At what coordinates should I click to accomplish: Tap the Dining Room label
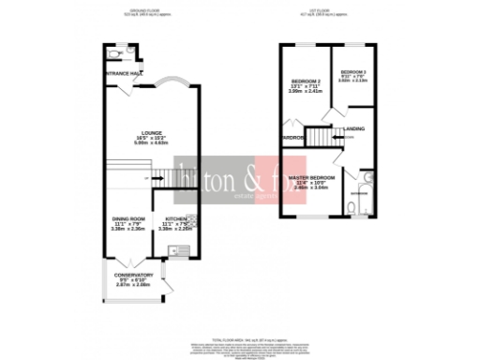[128, 219]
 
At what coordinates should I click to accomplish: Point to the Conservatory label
[134, 275]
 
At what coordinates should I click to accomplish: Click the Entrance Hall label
[124, 73]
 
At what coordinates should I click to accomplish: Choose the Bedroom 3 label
[353, 72]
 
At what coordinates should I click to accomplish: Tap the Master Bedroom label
[312, 177]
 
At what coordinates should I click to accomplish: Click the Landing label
[354, 127]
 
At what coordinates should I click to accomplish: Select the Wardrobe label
[291, 138]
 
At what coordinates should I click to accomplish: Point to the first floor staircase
[322, 139]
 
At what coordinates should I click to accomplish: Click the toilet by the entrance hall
[112, 55]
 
